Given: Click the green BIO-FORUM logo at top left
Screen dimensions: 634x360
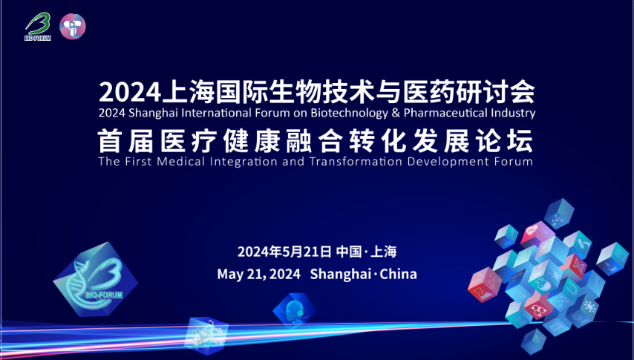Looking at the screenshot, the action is point(38,27).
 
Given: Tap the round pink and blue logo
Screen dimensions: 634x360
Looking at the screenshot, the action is point(73,26).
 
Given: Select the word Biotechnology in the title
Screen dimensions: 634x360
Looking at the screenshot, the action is point(349,113).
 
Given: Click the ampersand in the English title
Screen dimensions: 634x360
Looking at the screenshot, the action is point(396,112).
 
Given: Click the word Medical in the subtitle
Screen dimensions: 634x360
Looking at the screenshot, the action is point(182,161).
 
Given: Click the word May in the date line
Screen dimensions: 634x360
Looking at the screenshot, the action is point(229,275).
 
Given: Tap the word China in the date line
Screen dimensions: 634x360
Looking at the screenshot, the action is point(398,274).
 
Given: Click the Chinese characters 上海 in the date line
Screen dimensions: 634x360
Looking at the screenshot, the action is point(384,252).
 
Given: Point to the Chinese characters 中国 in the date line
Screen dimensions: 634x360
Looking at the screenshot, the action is point(349,252).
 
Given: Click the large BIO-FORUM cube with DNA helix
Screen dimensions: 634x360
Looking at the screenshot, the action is point(96,280).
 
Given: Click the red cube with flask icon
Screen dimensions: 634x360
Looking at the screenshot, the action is point(485,285).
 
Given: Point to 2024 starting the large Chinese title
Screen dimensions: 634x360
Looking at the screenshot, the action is point(130,93).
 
